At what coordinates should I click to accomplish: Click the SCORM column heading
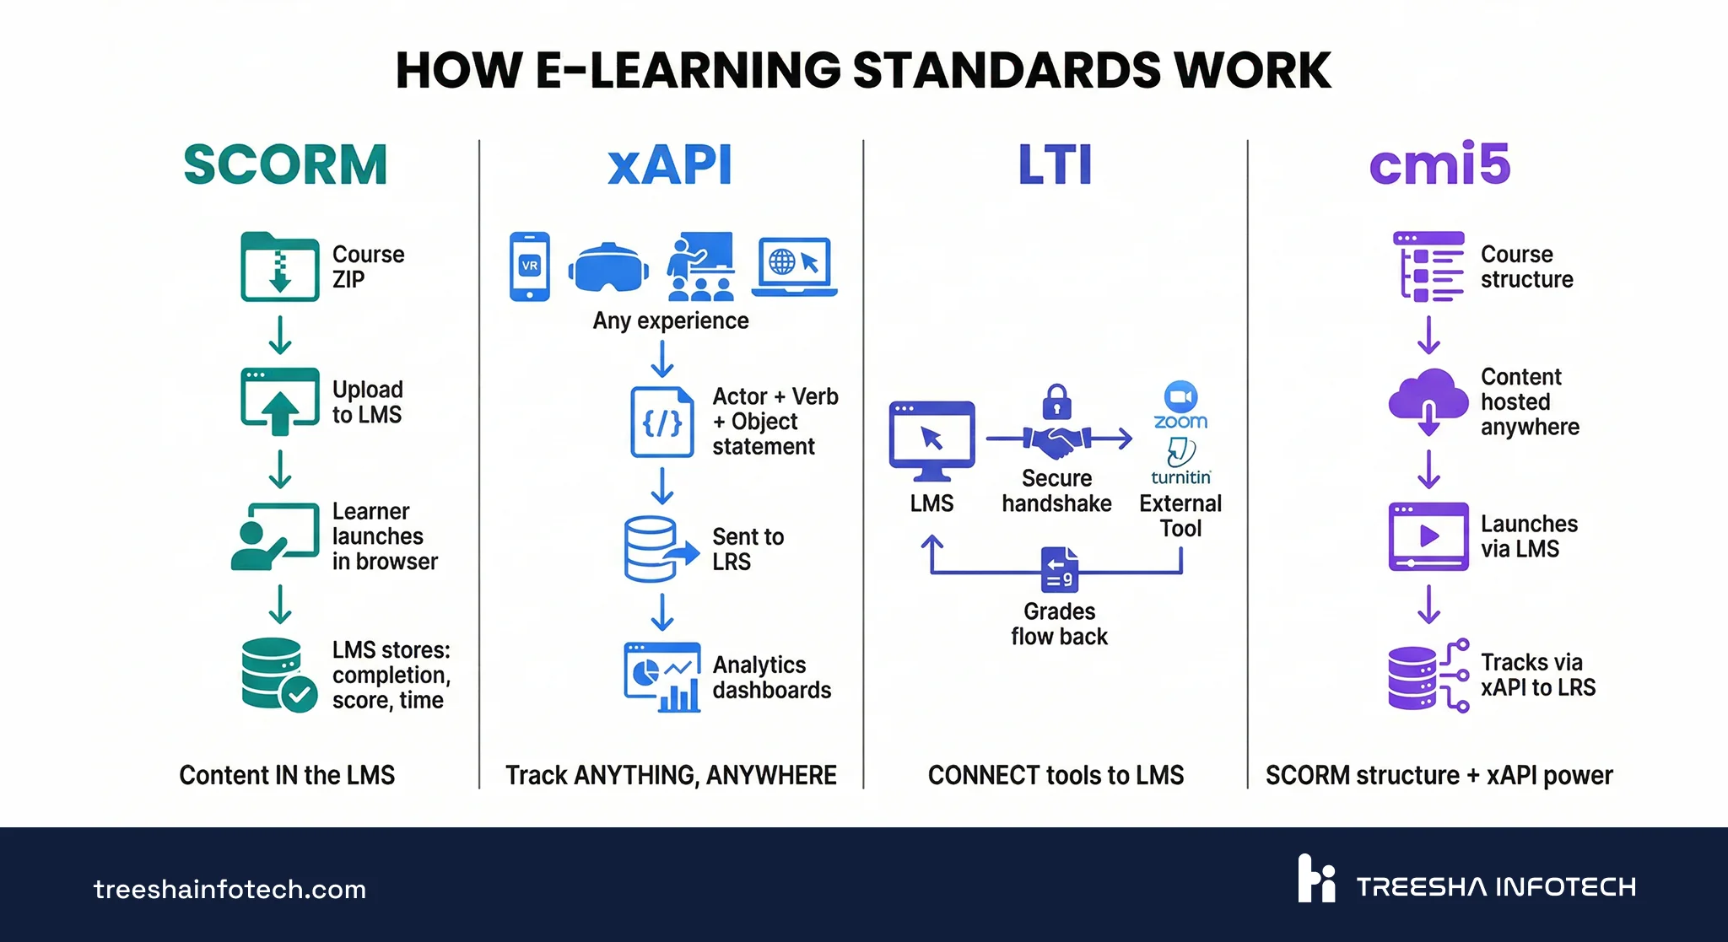[x=285, y=164]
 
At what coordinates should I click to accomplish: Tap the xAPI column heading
[x=670, y=164]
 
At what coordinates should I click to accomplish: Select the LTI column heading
[x=1055, y=164]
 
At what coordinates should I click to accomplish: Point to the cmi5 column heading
[x=1439, y=164]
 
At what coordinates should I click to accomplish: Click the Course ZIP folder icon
[x=280, y=266]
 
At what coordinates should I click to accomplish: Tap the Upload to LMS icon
[x=280, y=401]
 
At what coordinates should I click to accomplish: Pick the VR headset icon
[x=608, y=268]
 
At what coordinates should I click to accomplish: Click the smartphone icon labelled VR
[x=530, y=266]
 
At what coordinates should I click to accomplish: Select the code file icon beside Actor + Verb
[x=662, y=422]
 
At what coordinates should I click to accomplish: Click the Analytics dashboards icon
[x=662, y=677]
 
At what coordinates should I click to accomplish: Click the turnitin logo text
[x=1180, y=477]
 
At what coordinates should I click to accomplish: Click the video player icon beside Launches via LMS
[x=1428, y=536]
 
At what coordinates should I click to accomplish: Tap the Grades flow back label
[x=1059, y=624]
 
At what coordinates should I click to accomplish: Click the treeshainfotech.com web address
[x=229, y=889]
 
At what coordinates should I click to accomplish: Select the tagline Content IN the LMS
[x=287, y=775]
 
